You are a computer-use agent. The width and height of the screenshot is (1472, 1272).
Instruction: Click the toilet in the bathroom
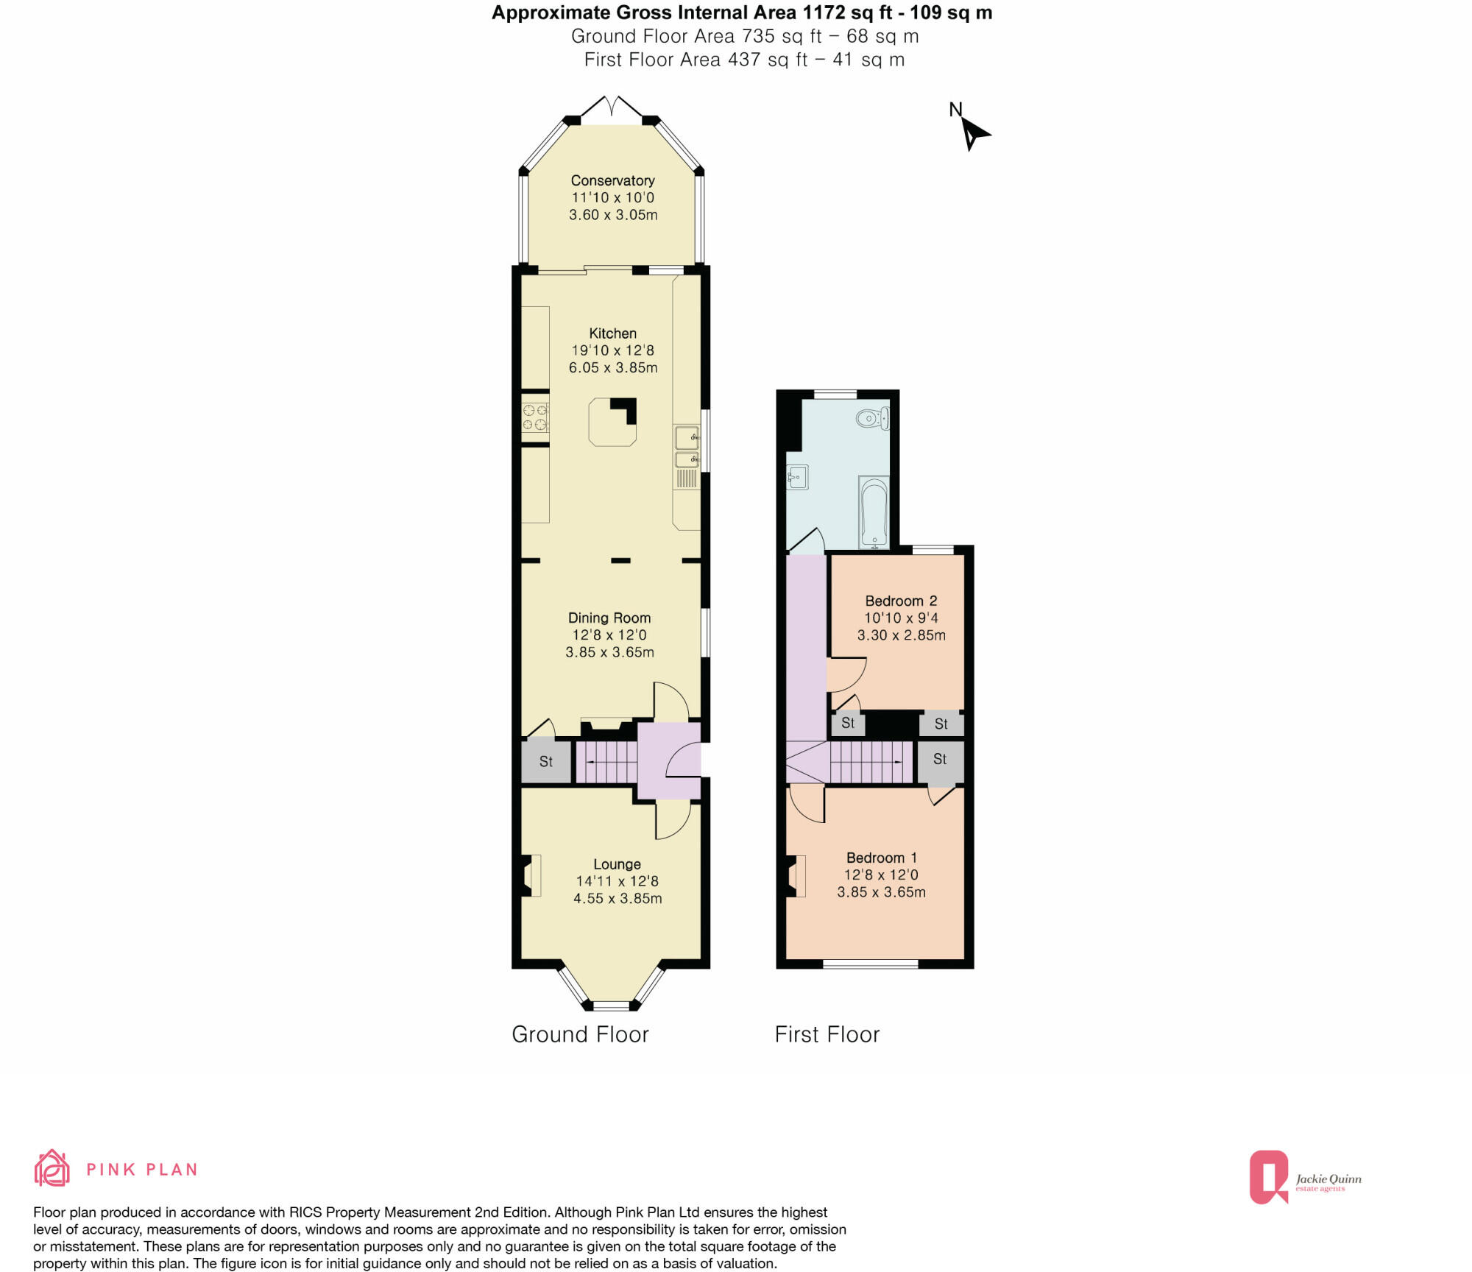(x=873, y=419)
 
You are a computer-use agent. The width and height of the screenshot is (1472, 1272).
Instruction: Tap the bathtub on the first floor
(x=874, y=512)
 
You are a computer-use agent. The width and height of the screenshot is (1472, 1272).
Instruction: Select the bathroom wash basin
(x=797, y=478)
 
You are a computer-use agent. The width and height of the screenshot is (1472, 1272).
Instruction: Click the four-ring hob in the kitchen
(x=535, y=417)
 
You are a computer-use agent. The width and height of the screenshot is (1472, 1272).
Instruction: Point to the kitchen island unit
(x=612, y=422)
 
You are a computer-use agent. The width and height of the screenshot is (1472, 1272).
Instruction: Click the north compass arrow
(x=974, y=133)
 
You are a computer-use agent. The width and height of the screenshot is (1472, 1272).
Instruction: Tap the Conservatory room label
(x=612, y=180)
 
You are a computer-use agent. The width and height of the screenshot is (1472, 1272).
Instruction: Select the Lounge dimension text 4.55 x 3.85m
(x=617, y=898)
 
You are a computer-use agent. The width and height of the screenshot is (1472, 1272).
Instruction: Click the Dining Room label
(x=609, y=618)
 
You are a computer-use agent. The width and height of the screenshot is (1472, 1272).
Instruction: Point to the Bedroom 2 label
(x=901, y=601)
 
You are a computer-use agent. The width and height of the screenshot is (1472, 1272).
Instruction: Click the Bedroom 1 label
(x=881, y=858)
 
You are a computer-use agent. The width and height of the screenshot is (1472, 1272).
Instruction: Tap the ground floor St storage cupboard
(x=545, y=761)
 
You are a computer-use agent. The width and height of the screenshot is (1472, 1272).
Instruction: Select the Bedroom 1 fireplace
(x=796, y=876)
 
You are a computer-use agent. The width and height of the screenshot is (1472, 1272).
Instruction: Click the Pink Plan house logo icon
(x=52, y=1168)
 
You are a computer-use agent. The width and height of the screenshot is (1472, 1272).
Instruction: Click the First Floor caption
(x=827, y=1034)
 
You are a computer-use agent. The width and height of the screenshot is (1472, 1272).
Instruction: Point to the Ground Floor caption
(x=580, y=1034)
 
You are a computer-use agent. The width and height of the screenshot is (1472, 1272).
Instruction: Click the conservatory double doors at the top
(x=612, y=107)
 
